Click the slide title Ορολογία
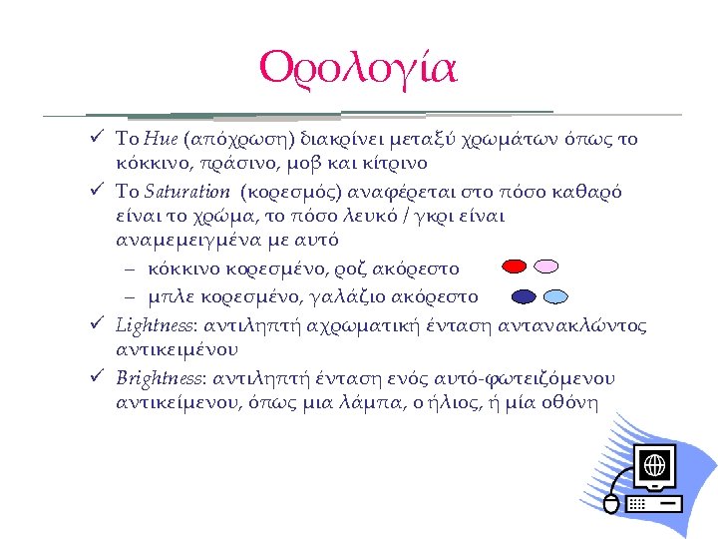point(357,67)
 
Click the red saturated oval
point(515,268)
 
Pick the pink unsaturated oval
point(546,268)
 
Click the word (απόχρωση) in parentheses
point(235,140)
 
